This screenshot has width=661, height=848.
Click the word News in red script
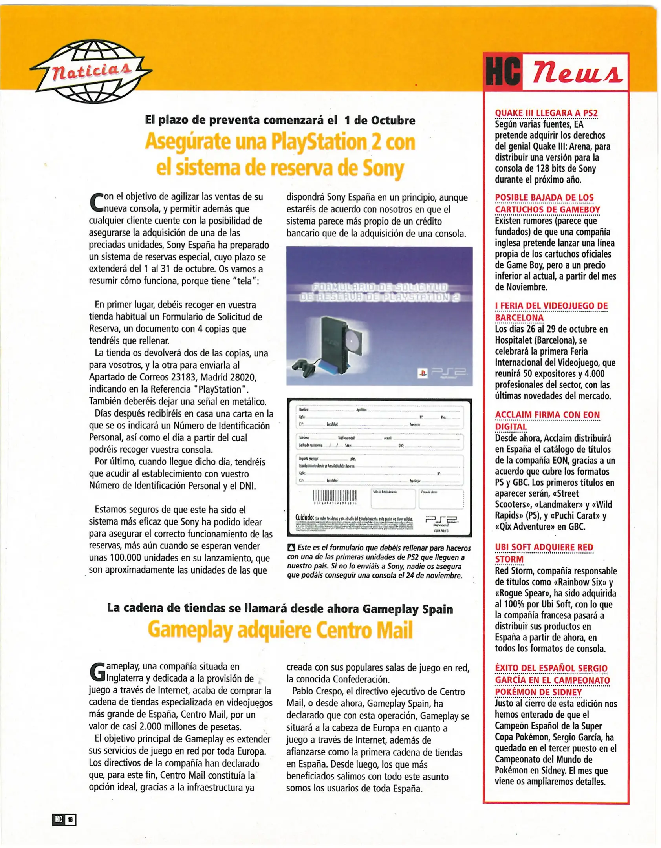pyautogui.click(x=577, y=71)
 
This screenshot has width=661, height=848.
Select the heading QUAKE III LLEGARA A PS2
pyautogui.click(x=546, y=113)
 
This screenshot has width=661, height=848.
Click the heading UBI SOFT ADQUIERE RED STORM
pyautogui.click(x=544, y=553)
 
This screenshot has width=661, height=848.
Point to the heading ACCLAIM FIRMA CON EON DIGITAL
pyautogui.click(x=547, y=420)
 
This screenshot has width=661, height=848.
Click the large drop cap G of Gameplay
pyautogui.click(x=97, y=672)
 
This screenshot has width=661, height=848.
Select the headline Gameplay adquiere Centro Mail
pyautogui.click(x=280, y=630)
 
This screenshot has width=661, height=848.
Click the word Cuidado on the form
pyautogui.click(x=304, y=517)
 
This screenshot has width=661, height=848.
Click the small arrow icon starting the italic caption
pyautogui.click(x=291, y=547)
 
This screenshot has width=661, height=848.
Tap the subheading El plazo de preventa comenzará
pyautogui.click(x=280, y=120)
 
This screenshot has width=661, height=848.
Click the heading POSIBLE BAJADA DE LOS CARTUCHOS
pyautogui.click(x=547, y=203)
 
